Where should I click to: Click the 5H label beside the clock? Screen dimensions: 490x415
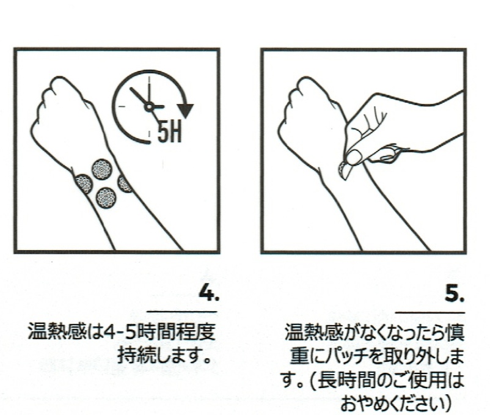coord(169,131)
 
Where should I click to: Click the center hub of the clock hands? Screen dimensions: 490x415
coord(148,107)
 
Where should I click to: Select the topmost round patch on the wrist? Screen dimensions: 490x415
coord(101,169)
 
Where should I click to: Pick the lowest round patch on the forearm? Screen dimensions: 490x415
coord(106,197)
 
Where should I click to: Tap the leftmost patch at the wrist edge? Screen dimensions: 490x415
coord(84,184)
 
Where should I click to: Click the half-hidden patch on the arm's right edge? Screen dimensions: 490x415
coord(125,184)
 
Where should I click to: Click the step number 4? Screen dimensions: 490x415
coord(209,293)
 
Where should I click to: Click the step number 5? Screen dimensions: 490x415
coord(455,293)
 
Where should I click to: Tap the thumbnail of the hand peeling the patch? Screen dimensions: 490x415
coord(353,157)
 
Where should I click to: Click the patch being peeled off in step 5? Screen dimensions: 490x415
coord(344,171)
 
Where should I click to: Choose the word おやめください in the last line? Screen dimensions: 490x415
coord(391,404)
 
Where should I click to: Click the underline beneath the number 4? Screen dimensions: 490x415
coord(182,312)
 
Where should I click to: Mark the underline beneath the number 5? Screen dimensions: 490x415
coord(430,312)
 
